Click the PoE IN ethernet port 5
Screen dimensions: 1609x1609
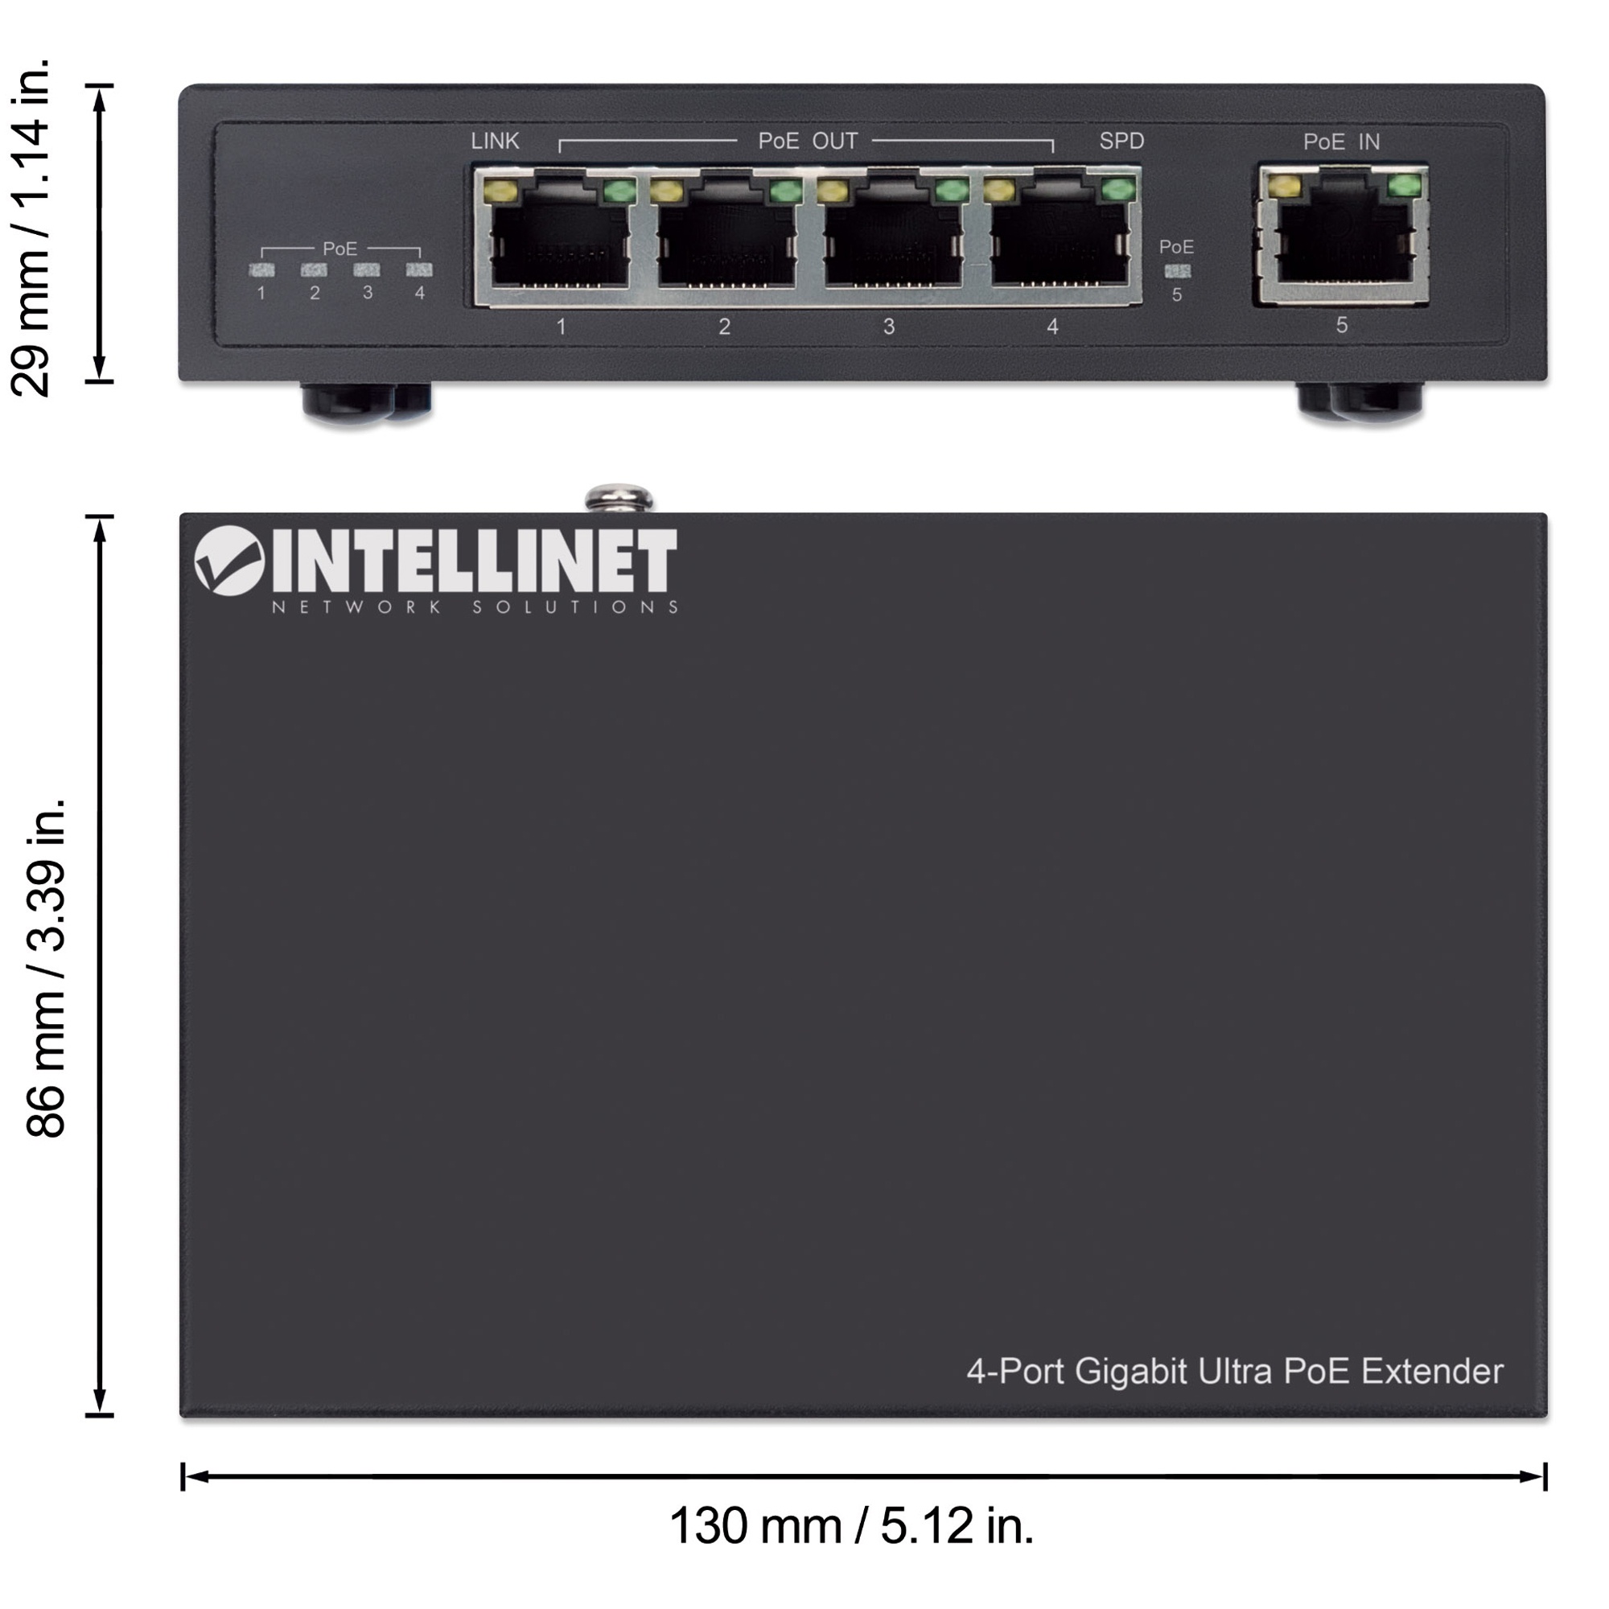pos(1344,234)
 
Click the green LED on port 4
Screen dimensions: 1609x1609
pos(1118,190)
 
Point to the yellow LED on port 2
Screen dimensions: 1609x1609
pos(666,191)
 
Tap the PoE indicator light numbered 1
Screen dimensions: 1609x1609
pos(261,270)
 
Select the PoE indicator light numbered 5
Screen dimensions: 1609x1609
pos(1177,270)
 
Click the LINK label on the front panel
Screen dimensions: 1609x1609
pos(495,142)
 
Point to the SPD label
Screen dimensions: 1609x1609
pos(1121,142)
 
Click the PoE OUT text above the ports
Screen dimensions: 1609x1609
pos(807,142)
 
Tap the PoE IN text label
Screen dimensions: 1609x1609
pos(1341,142)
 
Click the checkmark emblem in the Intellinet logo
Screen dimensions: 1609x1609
pos(229,561)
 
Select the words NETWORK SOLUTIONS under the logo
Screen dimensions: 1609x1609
pos(475,607)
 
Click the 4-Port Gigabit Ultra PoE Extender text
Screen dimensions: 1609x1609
pos(1235,1372)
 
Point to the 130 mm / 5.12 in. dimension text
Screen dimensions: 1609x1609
pos(851,1525)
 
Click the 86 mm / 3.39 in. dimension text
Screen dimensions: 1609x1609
pos(46,968)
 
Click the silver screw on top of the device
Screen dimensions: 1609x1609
pos(619,498)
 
